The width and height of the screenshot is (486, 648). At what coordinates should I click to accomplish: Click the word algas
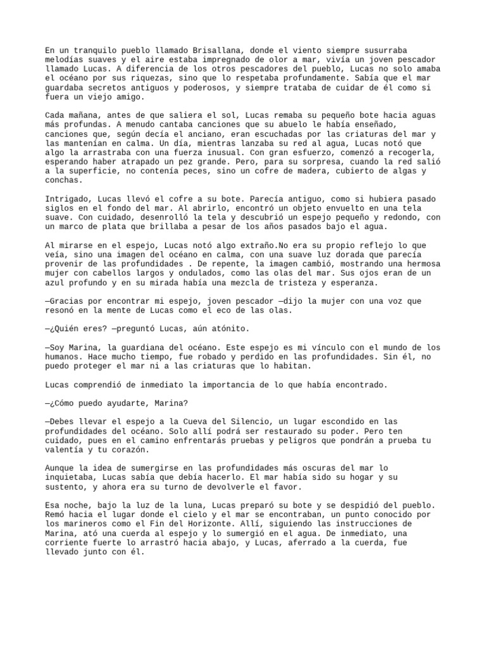click(395, 171)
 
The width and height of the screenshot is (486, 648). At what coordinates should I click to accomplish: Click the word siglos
click(59, 209)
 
